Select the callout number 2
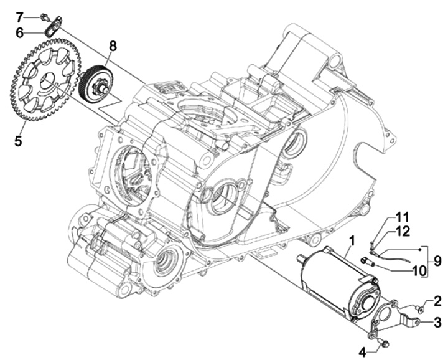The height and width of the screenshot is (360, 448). click(438, 301)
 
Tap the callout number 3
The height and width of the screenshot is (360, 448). click(438, 322)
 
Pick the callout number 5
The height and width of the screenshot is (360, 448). click(18, 141)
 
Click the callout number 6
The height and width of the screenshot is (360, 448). click(19, 31)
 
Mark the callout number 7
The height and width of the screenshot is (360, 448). click(19, 16)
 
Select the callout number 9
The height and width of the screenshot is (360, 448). click(437, 261)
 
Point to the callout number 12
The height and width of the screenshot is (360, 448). click(403, 232)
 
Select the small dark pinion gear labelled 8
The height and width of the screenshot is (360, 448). click(96, 81)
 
